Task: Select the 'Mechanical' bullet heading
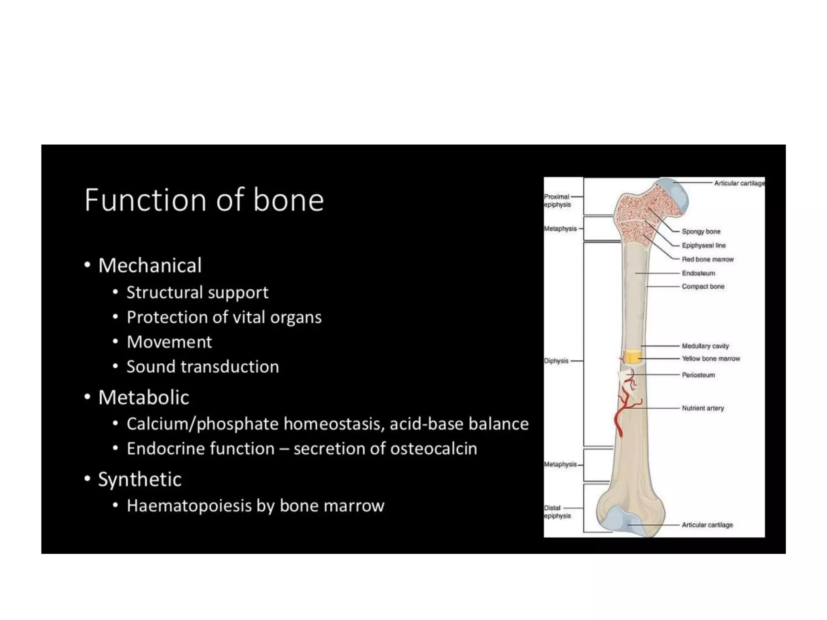[150, 266]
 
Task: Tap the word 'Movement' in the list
[169, 342]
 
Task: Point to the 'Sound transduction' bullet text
[203, 367]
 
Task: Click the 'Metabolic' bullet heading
[144, 398]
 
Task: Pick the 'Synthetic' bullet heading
[140, 480]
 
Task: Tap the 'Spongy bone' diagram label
[701, 232]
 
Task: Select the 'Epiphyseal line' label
[703, 245]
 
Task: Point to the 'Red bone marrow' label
[707, 260]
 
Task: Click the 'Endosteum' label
[698, 273]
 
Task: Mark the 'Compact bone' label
[703, 287]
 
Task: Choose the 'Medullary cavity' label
[705, 346]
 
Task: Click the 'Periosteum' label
[698, 375]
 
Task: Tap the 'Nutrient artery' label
[703, 408]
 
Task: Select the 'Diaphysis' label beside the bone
[556, 361]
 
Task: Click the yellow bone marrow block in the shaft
[632, 357]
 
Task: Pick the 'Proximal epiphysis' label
[557, 201]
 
